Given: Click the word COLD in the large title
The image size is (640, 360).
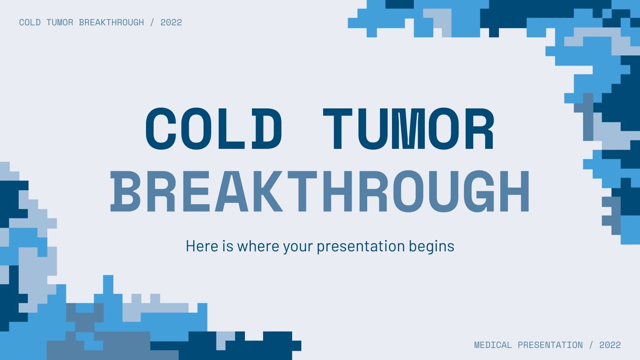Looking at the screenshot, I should click(x=214, y=129).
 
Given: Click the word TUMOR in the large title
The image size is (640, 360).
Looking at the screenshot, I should click(x=409, y=129).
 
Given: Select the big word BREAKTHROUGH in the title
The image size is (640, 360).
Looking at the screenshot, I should click(x=320, y=191).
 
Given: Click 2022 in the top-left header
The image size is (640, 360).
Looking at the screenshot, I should click(x=171, y=22).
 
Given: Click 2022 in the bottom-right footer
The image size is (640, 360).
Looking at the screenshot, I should click(x=610, y=345).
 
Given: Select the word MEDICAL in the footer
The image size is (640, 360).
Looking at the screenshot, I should click(x=493, y=345).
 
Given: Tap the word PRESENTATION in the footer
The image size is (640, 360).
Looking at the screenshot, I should click(x=550, y=345).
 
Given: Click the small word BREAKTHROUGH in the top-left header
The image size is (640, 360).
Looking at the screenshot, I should click(x=111, y=22).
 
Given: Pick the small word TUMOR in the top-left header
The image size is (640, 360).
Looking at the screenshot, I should click(x=60, y=22).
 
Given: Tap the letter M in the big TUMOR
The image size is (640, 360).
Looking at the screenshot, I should click(x=408, y=129).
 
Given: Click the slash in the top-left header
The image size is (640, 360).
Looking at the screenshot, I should click(x=152, y=22).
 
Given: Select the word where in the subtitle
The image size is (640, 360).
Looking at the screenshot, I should click(x=258, y=246).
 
